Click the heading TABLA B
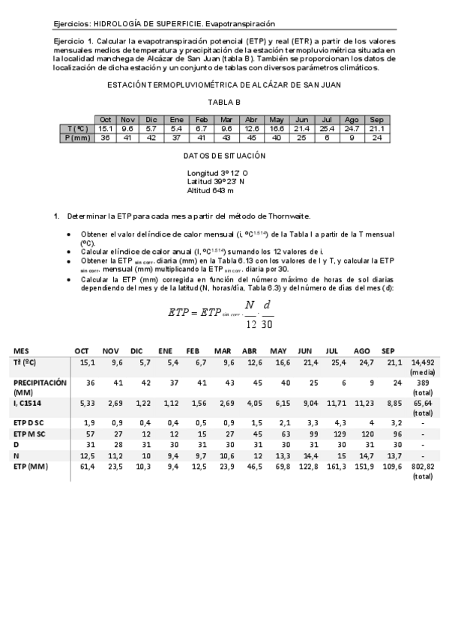point(224,102)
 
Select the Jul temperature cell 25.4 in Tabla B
point(327,129)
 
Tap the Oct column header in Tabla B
point(106,120)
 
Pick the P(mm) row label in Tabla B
point(77,138)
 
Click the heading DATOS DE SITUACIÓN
point(224,156)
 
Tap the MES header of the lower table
point(22,350)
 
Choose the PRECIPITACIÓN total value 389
point(418,382)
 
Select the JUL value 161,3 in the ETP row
point(331,465)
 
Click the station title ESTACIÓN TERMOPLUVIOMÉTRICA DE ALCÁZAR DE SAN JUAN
point(224,85)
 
